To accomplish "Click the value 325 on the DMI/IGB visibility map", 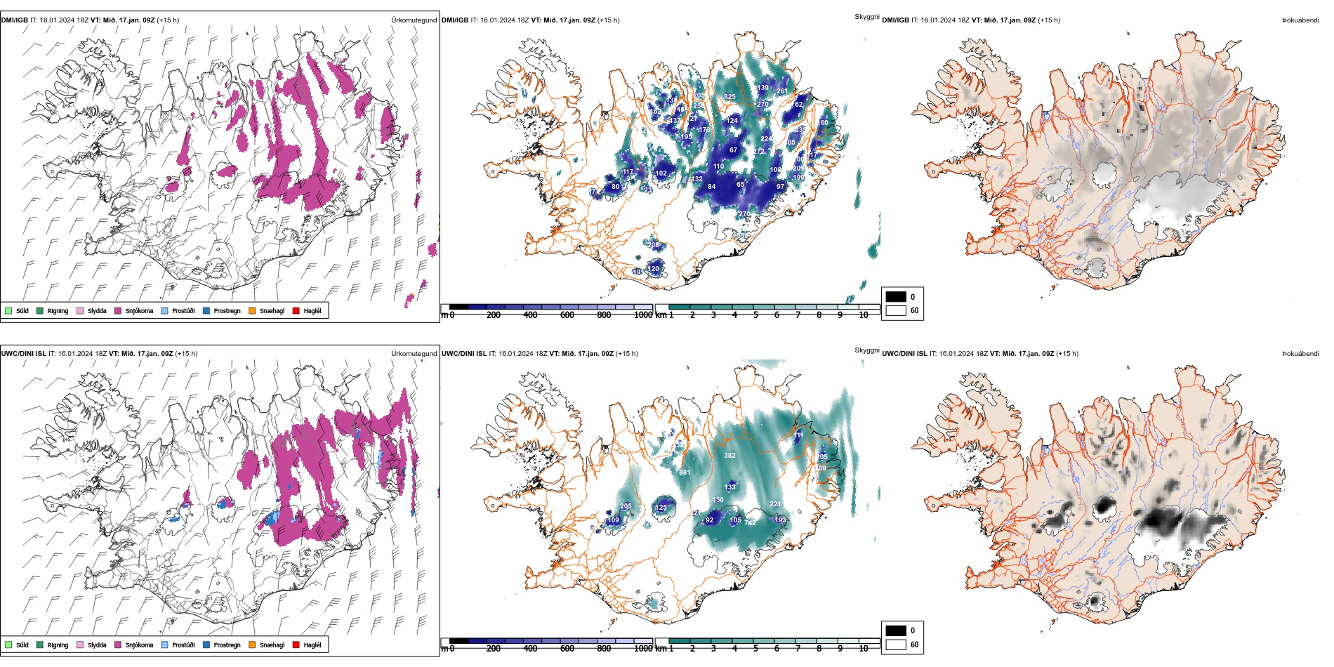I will pos(729,97).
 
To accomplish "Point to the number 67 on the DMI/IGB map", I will pos(733,150).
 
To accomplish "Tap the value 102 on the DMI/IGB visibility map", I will pos(661,173).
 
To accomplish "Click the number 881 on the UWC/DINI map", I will pos(685,473).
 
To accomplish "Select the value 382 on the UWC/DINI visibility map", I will pos(729,456).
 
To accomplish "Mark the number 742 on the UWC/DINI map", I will pos(750,523).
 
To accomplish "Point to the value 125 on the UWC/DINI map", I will pos(661,508).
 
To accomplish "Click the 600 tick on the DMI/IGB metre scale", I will pos(567,315).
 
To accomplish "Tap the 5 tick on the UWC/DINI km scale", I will pos(755,649).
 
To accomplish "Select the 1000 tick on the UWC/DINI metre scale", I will pos(643,649).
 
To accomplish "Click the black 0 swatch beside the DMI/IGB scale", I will pos(896,297).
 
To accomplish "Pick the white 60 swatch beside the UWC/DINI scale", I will pos(896,645).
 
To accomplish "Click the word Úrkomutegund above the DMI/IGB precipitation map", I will pos(414,20).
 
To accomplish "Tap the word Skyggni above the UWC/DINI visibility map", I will pos(866,350).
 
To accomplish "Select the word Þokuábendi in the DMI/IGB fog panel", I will pos(1300,20).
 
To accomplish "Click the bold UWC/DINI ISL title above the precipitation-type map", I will pos(23,354).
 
